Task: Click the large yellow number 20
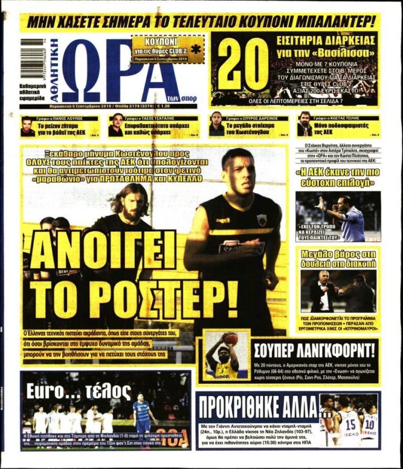242,65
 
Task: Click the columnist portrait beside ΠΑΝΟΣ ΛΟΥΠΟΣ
27,126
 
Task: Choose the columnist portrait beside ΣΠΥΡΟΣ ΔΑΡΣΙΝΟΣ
216,125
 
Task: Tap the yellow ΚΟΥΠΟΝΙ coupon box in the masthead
167,49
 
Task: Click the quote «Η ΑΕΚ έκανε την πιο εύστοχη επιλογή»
337,176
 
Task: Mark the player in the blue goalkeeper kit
143,413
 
